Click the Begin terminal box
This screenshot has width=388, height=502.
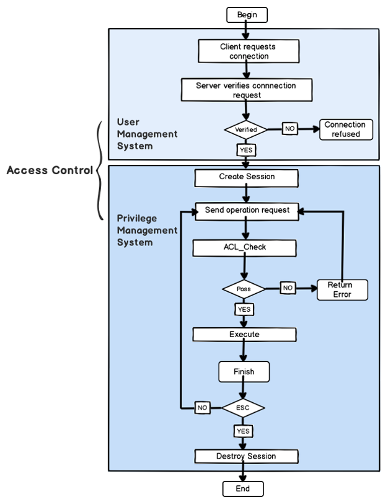(247, 14)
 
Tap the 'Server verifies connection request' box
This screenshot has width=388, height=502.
(246, 90)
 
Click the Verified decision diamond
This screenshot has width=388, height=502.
(246, 130)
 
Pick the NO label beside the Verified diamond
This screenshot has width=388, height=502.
(289, 129)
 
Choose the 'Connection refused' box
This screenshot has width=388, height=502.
(346, 129)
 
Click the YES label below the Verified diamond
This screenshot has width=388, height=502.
(245, 149)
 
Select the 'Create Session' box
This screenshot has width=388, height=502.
(247, 177)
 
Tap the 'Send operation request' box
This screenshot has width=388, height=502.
(247, 211)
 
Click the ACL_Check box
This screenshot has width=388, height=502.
(245, 248)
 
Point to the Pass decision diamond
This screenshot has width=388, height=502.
(244, 289)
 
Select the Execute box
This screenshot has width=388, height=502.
(244, 335)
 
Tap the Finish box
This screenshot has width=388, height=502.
(244, 372)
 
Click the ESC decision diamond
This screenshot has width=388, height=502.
(244, 408)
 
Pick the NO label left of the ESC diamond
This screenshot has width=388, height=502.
(202, 408)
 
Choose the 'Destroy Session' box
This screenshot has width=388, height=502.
(246, 457)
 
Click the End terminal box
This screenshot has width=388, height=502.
(243, 488)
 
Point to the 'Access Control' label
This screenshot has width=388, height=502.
(50, 170)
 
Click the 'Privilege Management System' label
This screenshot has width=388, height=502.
(147, 231)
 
